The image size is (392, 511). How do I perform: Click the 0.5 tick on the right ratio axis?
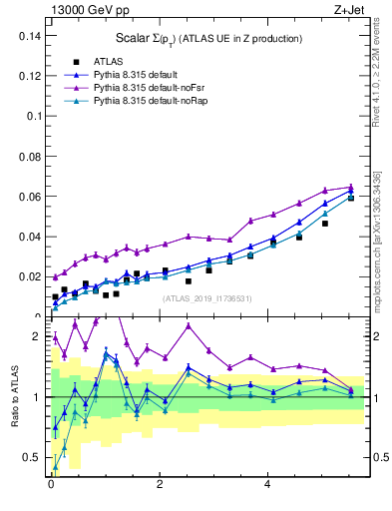[378, 457]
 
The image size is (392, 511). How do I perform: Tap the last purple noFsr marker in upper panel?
[350, 187]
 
